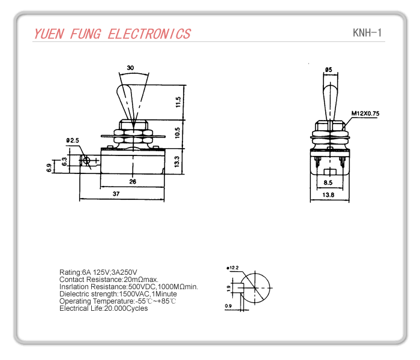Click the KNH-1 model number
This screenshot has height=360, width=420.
pos(367,32)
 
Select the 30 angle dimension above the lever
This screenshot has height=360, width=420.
pos(131,68)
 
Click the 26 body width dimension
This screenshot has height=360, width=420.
pos(133,181)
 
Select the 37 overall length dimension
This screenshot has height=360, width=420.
pos(115,194)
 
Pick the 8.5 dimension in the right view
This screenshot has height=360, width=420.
pos(328,182)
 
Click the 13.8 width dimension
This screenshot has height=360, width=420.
pos(328,195)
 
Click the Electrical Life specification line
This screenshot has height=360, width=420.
pos(103,308)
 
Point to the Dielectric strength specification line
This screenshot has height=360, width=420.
pos(118,294)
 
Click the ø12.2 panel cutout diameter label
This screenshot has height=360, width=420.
pos(233,268)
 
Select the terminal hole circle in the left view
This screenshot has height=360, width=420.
pos(87,161)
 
